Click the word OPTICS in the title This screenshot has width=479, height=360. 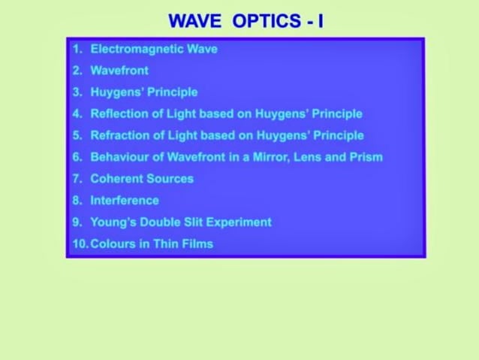267,21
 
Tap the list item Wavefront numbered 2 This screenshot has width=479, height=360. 119,71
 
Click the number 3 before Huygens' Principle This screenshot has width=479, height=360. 77,92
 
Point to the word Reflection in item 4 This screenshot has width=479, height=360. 119,114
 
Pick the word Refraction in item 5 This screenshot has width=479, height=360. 119,136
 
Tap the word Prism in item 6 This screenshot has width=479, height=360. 366,158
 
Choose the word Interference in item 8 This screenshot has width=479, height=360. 125,201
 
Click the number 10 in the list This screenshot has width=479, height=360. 80,244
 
